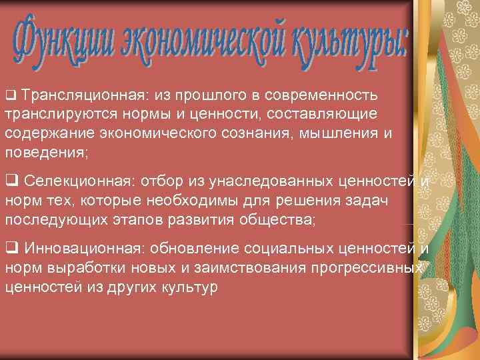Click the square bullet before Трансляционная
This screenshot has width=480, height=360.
click(x=9, y=95)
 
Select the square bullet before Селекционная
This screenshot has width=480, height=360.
click(x=10, y=181)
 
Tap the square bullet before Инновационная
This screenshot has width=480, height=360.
click(x=10, y=250)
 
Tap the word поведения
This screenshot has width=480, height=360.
click(x=44, y=151)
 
